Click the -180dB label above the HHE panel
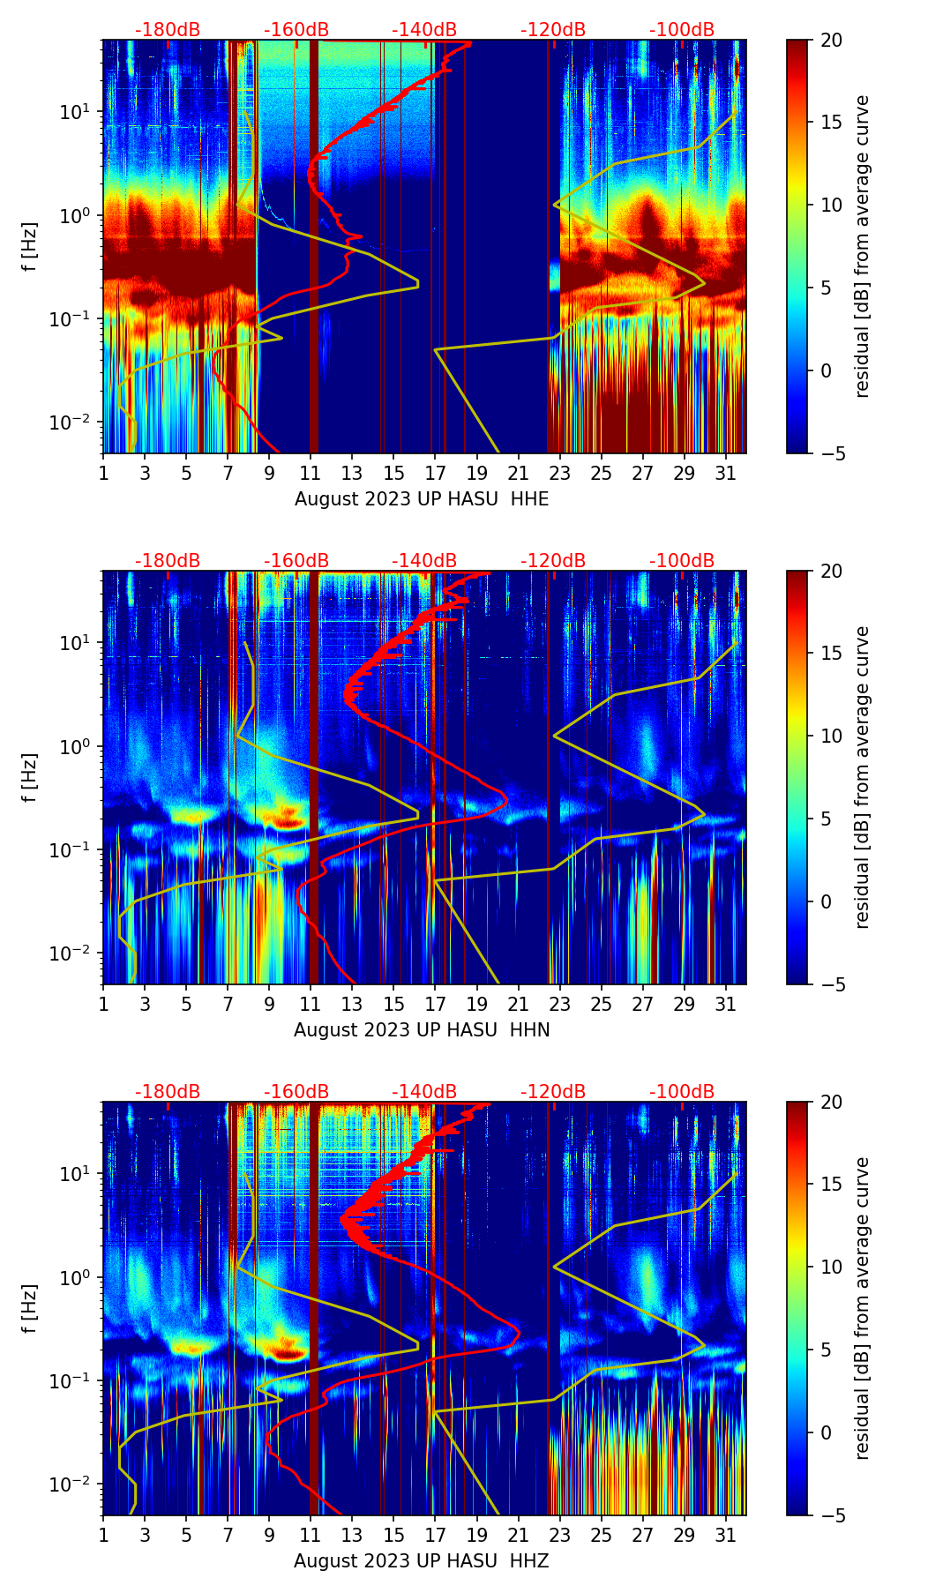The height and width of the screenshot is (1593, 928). (168, 30)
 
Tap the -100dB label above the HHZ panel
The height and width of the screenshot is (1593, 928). (682, 1092)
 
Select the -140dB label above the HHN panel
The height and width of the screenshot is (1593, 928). (424, 561)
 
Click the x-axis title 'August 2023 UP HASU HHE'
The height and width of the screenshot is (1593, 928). (422, 499)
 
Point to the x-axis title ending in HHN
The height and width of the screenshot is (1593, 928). (422, 1030)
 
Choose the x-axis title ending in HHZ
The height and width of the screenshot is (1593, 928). (422, 1561)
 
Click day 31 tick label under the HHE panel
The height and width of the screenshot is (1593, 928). (725, 474)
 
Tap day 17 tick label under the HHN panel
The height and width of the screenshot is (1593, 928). (435, 1005)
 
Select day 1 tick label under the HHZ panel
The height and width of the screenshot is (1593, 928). (103, 1536)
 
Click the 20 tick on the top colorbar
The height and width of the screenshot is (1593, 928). (831, 40)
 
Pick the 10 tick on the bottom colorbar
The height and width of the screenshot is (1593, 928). (831, 1267)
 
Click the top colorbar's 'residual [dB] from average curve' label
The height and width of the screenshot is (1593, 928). (862, 246)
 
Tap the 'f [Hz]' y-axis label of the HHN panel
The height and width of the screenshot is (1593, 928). (30, 777)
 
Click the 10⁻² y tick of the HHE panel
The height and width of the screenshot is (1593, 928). (77, 423)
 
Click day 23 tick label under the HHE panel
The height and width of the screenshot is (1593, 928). (559, 474)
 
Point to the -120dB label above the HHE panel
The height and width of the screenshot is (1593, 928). (553, 30)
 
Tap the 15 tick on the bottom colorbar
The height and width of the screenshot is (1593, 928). (831, 1184)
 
